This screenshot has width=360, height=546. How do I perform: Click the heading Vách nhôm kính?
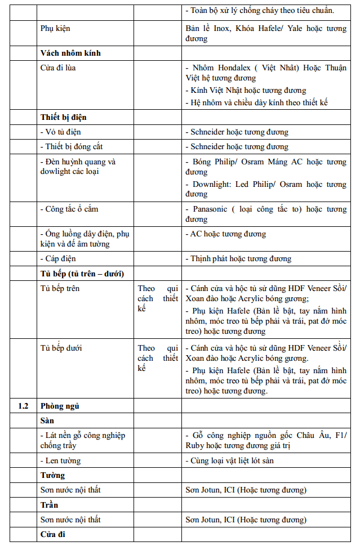[70, 53]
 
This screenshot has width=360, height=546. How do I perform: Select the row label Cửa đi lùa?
[58, 68]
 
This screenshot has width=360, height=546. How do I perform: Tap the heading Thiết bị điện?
[63, 117]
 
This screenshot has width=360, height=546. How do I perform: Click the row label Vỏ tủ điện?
[61, 132]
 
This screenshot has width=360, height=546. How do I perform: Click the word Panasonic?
[210, 209]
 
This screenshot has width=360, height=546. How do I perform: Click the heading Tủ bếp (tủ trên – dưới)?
[82, 273]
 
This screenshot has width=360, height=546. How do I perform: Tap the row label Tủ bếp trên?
[60, 288]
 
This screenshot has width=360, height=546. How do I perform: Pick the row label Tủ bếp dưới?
[61, 348]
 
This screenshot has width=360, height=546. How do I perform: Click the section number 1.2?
[23, 406]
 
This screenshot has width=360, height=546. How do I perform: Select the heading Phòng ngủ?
[59, 406]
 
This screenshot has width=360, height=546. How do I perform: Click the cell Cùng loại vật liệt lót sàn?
[238, 460]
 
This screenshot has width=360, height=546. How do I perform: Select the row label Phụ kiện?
[55, 28]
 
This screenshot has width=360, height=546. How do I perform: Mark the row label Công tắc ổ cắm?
[69, 209]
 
